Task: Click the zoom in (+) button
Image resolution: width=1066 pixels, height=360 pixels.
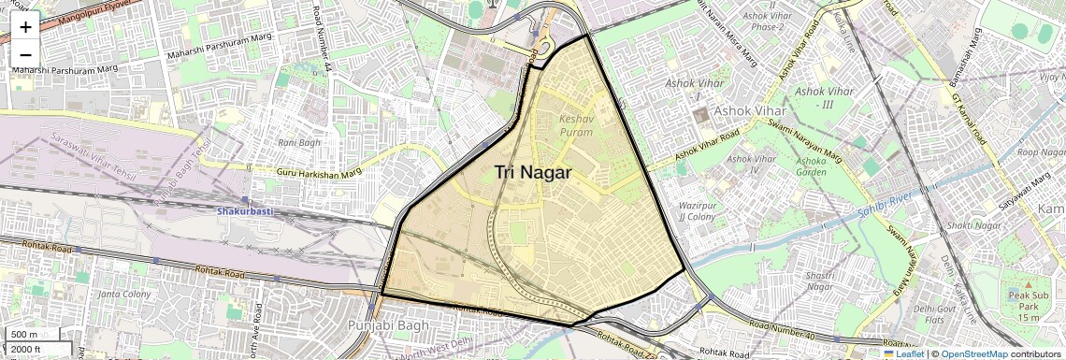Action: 25,28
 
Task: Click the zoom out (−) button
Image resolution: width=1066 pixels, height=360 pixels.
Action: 25,54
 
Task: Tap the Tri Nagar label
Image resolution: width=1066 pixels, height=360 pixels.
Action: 533,172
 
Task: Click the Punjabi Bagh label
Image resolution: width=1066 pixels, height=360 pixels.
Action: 387,325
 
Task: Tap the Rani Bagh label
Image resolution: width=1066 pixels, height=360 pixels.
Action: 299,143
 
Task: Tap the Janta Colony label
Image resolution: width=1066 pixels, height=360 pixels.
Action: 124,295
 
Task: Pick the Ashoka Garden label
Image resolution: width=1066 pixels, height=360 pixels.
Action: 811,166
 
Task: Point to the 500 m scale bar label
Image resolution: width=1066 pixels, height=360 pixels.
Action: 24,335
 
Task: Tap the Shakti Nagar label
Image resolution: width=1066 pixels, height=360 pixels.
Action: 970,225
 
